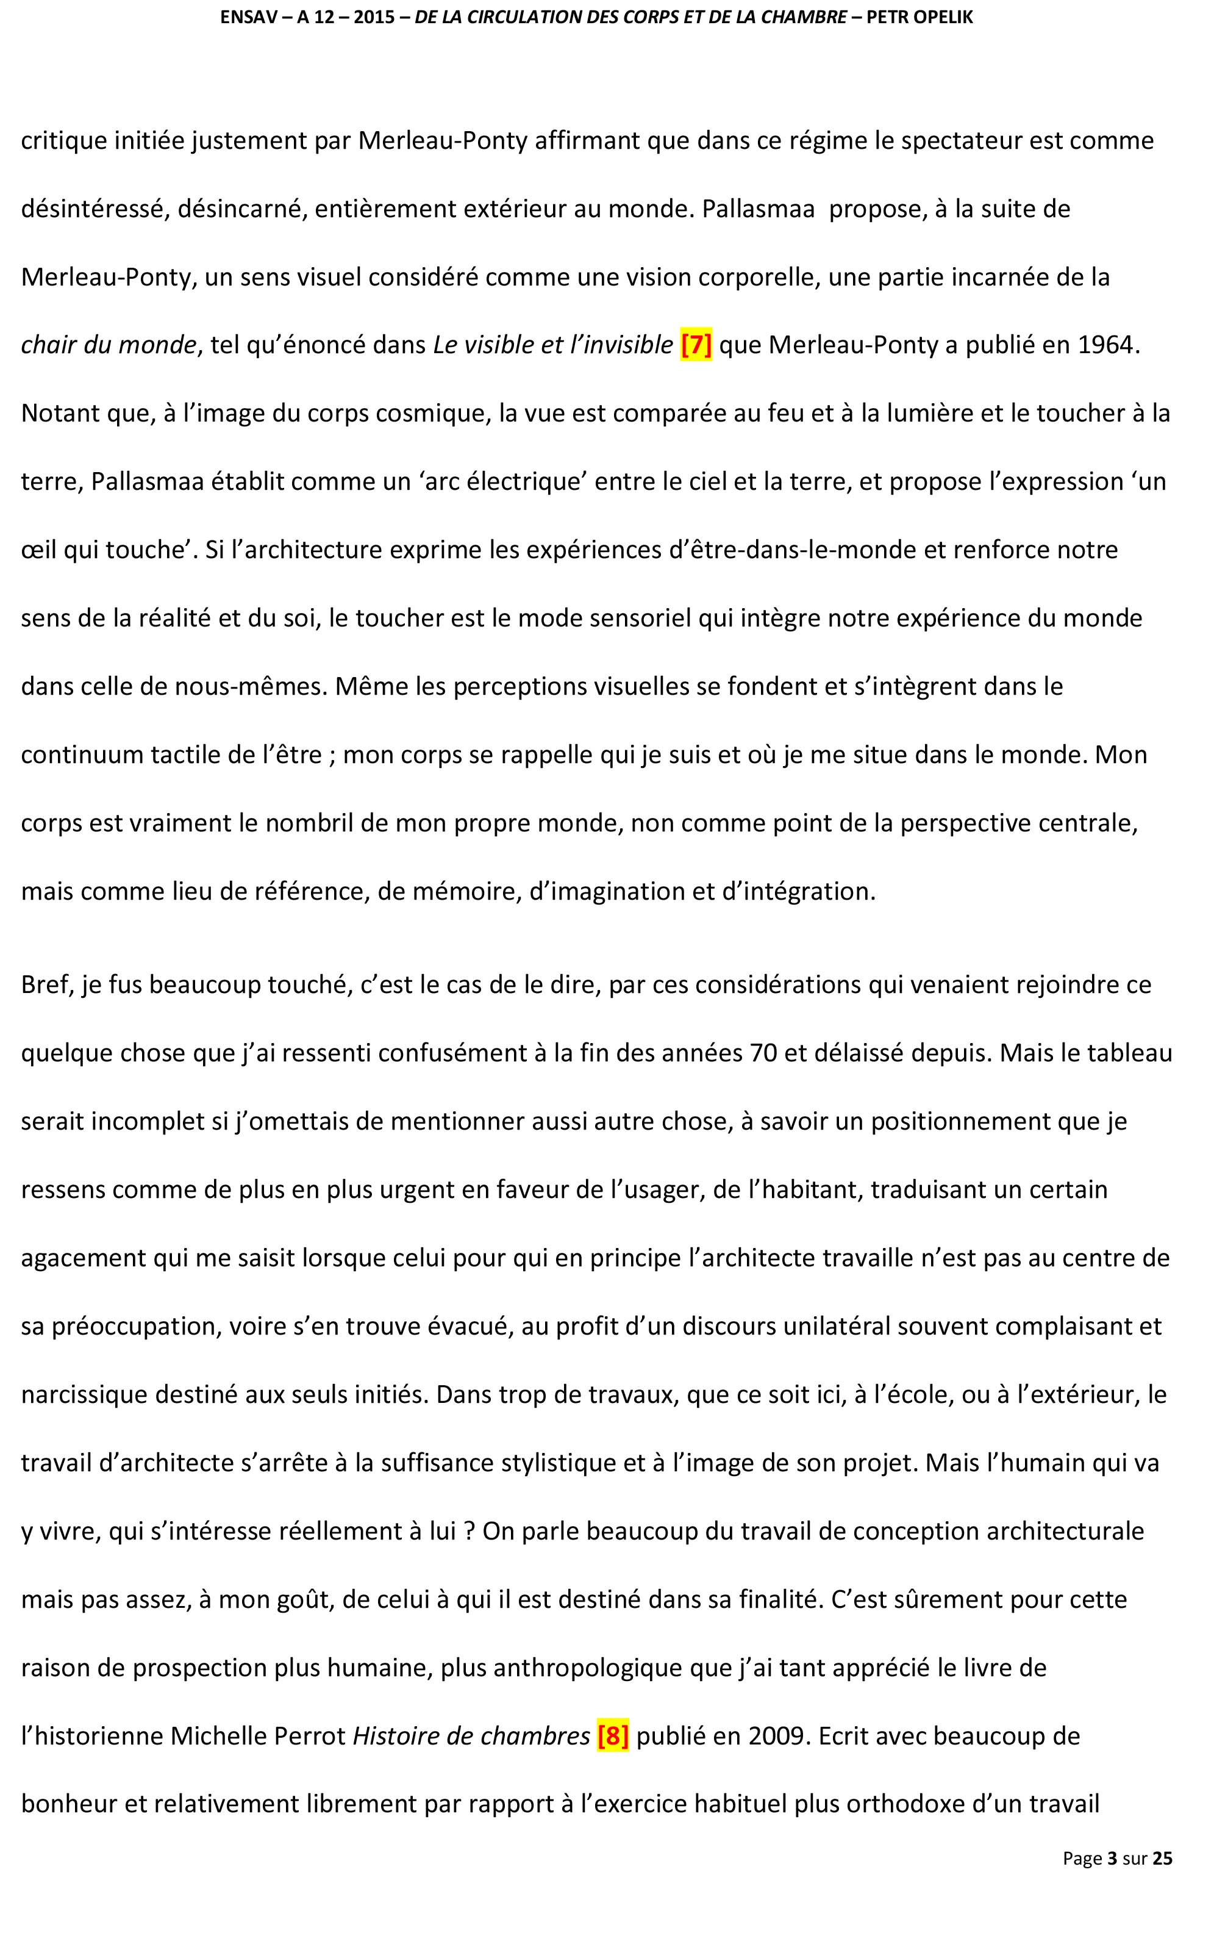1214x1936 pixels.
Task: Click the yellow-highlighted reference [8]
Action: pos(613,1736)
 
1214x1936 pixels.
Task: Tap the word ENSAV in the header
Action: pos(244,18)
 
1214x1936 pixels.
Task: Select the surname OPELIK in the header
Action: pos(940,18)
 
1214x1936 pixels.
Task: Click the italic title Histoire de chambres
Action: pos(471,1736)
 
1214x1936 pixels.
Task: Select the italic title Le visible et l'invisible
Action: pos(553,345)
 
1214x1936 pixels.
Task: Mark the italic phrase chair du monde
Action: pos(109,345)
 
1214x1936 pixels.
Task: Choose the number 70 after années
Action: pos(763,1053)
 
